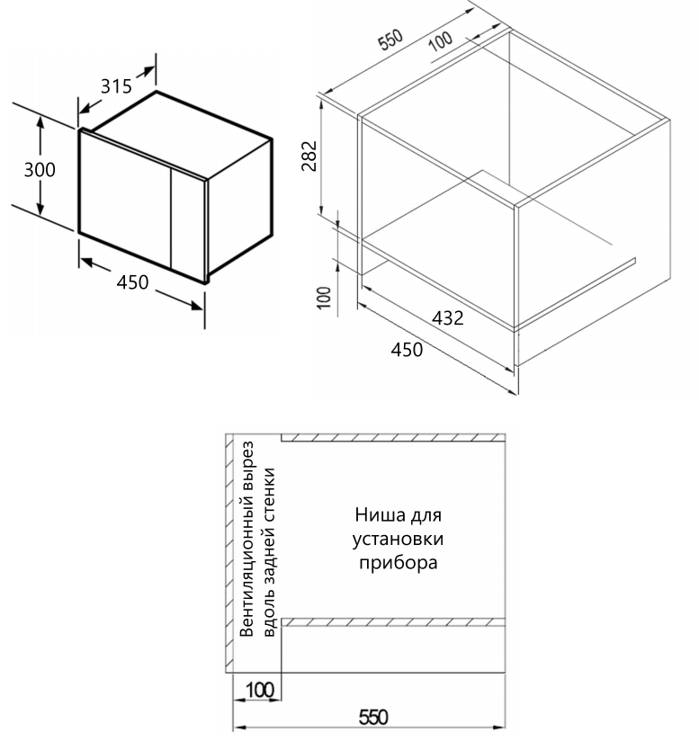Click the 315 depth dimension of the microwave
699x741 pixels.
115,87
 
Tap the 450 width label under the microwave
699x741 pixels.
133,282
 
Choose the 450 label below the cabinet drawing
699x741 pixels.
407,350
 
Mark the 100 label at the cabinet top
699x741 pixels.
440,41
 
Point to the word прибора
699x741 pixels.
398,565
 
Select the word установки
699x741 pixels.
398,541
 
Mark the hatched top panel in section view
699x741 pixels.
391,438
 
